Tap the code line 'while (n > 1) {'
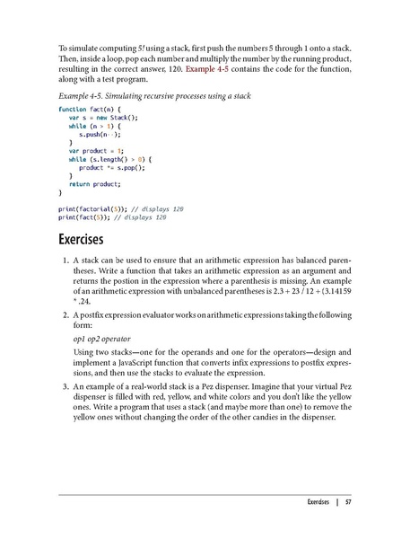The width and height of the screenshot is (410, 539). [x=96, y=125]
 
